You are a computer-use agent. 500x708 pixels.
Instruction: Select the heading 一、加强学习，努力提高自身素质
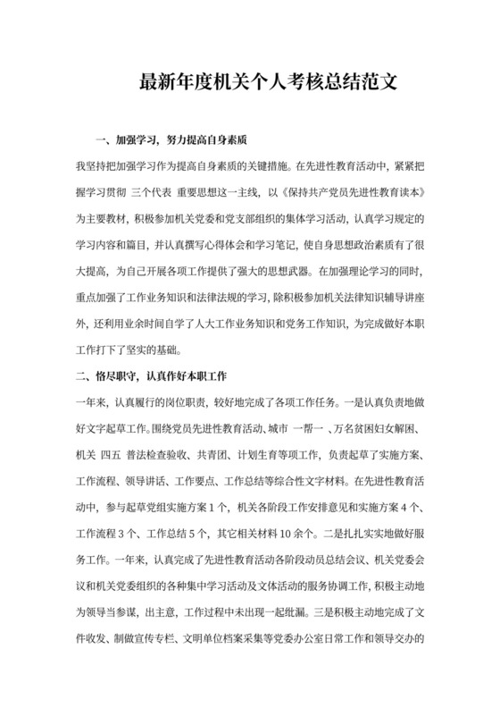click(x=170, y=140)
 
